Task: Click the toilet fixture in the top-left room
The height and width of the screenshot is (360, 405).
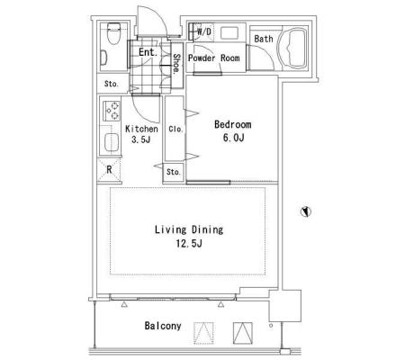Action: point(113,33)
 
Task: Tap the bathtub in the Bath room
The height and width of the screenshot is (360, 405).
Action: point(293,48)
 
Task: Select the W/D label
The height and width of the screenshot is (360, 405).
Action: point(204,31)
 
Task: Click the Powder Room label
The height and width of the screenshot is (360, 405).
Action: point(213,58)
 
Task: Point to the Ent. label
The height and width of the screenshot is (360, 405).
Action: point(148,52)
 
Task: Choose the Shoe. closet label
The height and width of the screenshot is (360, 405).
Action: point(177,64)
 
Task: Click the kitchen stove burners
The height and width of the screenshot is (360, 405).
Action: point(112,111)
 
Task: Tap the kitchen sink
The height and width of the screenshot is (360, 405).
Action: point(112,142)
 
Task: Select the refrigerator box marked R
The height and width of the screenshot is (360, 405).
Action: point(110,170)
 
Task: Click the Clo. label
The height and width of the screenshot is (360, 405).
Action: point(175,129)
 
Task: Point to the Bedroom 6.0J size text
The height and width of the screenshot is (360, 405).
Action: point(233,138)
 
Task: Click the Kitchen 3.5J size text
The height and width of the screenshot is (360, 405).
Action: point(140,139)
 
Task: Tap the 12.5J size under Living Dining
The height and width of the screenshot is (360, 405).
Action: point(189,243)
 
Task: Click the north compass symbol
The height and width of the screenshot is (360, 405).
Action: point(306,211)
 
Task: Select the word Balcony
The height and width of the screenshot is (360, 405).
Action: point(163,326)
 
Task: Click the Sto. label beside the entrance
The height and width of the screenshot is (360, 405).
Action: point(112,84)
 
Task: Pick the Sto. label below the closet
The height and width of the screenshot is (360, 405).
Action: point(174,172)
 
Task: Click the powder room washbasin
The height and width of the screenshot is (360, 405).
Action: point(229,32)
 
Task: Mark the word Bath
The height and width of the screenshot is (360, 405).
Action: point(264,39)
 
